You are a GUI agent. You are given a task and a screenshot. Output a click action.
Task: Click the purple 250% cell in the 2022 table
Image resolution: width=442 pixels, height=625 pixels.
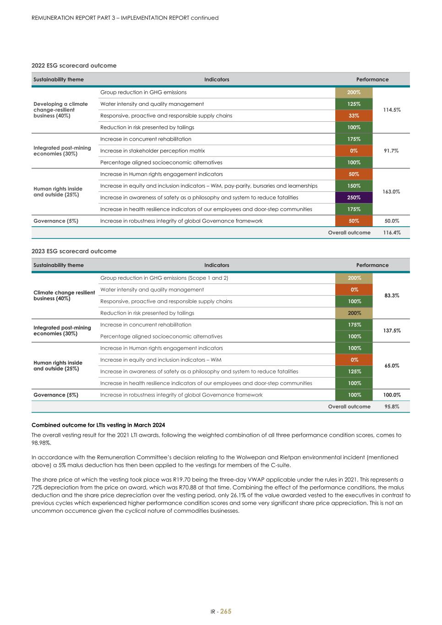click(354, 197)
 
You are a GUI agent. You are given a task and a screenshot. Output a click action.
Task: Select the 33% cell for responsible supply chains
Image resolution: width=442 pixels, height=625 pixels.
click(354, 115)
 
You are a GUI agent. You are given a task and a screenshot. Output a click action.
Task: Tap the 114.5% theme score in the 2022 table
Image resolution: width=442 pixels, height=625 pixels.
click(391, 110)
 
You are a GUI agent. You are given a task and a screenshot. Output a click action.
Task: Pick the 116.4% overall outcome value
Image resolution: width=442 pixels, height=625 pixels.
click(391, 233)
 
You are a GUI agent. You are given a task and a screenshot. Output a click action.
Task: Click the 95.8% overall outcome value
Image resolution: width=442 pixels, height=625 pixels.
click(391, 407)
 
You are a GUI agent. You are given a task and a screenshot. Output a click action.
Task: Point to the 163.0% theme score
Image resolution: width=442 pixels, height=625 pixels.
click(391, 192)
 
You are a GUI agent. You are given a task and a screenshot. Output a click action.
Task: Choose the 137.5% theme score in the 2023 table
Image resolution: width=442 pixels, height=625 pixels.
click(391, 331)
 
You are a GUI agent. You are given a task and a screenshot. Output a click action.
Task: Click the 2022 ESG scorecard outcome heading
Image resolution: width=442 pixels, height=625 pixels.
click(74, 65)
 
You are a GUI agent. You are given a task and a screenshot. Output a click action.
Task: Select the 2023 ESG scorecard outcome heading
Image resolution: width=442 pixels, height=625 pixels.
click(74, 251)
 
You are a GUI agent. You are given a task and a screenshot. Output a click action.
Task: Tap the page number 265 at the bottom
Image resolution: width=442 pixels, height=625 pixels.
click(226, 611)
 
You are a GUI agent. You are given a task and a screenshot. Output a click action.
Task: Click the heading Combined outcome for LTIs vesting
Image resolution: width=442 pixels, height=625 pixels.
click(98, 425)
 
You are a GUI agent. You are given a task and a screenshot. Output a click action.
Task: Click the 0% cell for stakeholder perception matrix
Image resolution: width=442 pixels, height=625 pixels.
click(354, 151)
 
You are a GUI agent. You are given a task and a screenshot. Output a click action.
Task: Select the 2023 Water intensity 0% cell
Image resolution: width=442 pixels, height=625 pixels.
click(354, 289)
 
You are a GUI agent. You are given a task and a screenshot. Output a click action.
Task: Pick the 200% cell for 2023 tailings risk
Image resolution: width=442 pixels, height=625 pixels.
click(354, 313)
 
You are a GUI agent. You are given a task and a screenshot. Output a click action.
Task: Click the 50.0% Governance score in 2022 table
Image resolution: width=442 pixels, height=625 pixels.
click(391, 221)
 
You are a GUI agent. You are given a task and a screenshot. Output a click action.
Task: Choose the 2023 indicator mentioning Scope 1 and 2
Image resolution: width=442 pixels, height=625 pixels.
click(164, 278)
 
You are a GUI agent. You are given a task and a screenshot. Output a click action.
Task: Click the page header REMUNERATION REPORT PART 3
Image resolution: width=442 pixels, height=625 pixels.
click(125, 18)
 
